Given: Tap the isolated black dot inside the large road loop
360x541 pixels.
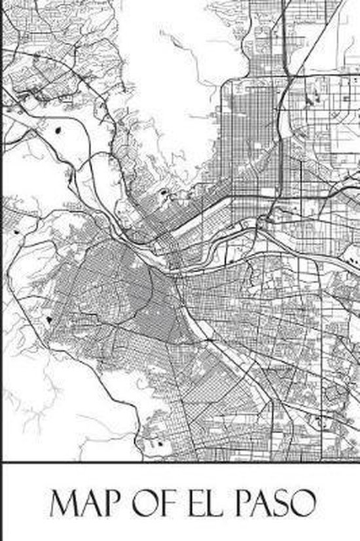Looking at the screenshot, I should [x=60, y=130].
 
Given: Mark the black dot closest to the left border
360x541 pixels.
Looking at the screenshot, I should [x=14, y=230].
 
